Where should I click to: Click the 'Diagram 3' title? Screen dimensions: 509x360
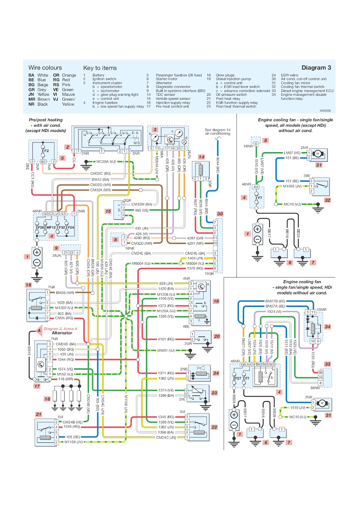point(316,68)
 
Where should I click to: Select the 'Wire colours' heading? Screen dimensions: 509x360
point(45,68)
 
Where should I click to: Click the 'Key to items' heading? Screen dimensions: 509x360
point(100,68)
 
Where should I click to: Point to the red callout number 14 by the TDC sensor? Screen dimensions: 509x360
point(201,157)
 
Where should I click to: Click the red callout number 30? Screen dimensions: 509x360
point(220,214)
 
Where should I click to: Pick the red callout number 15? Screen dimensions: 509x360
point(108,211)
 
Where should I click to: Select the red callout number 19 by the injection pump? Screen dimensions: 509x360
point(216,301)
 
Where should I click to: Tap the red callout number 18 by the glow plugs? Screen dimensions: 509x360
point(47,399)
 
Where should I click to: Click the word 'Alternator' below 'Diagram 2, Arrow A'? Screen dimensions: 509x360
point(62,333)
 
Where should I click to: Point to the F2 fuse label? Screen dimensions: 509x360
point(46,151)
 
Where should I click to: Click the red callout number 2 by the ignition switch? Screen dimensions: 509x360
point(67,147)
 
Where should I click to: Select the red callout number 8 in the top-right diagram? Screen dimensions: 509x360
point(265,140)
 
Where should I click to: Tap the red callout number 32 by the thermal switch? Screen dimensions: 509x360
point(328,200)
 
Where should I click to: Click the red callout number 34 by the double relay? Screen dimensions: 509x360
point(328,327)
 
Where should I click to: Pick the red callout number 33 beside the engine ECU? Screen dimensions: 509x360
point(328,364)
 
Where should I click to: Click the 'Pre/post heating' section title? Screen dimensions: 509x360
point(46,120)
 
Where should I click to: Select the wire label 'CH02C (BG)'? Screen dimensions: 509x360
point(101,174)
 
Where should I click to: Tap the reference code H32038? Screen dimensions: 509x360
point(325,111)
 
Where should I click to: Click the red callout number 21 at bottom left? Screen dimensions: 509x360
point(39,414)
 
